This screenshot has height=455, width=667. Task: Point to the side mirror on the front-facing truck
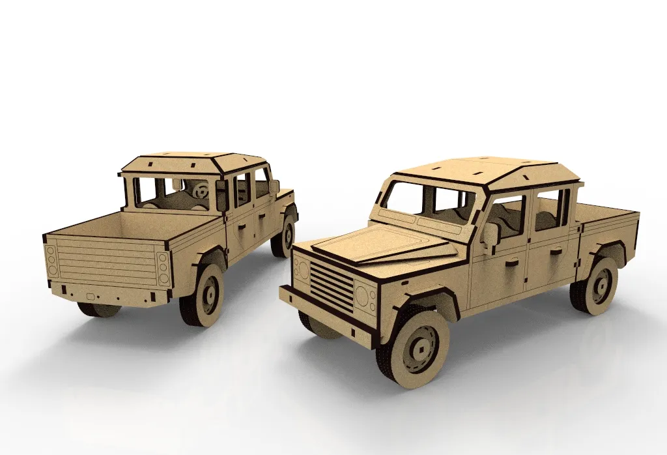tap(489, 234)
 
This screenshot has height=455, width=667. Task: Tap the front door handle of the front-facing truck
tap(511, 263)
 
